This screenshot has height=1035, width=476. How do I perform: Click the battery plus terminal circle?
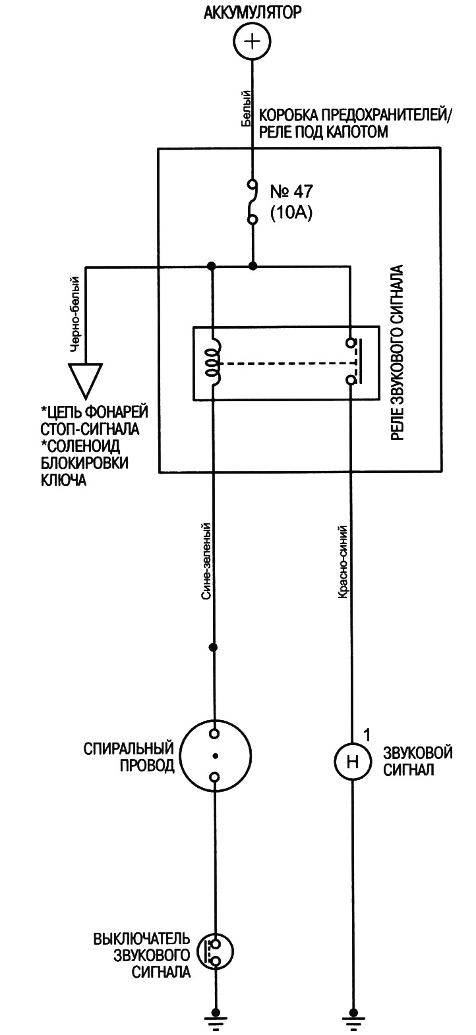(x=252, y=43)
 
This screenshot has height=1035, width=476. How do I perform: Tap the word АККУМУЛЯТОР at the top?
(x=252, y=13)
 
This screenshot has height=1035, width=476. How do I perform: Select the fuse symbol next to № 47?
(x=252, y=202)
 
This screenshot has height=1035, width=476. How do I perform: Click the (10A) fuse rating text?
(x=290, y=212)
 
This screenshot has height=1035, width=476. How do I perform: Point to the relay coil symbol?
(x=214, y=362)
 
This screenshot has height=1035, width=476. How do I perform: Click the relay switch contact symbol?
(x=352, y=362)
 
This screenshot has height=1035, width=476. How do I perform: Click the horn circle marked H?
(x=353, y=762)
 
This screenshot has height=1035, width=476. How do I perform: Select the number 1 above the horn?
(x=367, y=734)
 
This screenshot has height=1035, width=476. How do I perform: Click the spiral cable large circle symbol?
(x=215, y=755)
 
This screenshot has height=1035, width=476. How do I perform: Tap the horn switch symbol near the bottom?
(x=215, y=949)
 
